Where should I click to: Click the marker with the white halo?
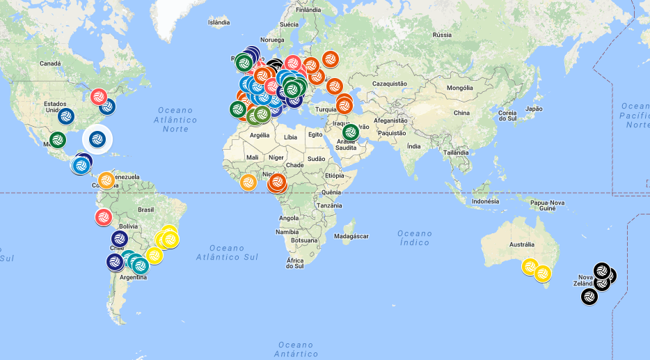[x=97, y=138]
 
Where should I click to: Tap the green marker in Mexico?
[x=58, y=139]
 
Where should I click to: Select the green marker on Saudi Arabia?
[x=350, y=132]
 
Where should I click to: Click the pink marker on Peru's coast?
[x=104, y=217]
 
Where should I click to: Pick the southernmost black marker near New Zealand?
[x=589, y=297]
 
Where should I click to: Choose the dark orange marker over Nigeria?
[x=277, y=182]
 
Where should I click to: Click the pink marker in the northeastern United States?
[x=99, y=95]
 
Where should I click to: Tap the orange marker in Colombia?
[x=106, y=181]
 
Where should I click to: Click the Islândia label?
[x=219, y=22]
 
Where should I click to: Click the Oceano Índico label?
[x=415, y=238]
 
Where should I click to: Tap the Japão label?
[x=533, y=109]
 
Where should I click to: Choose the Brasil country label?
[x=146, y=209]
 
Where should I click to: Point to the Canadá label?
[x=50, y=63]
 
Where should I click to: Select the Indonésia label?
[x=485, y=201]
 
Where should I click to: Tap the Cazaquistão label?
[x=390, y=83]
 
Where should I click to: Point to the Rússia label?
[x=442, y=34]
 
